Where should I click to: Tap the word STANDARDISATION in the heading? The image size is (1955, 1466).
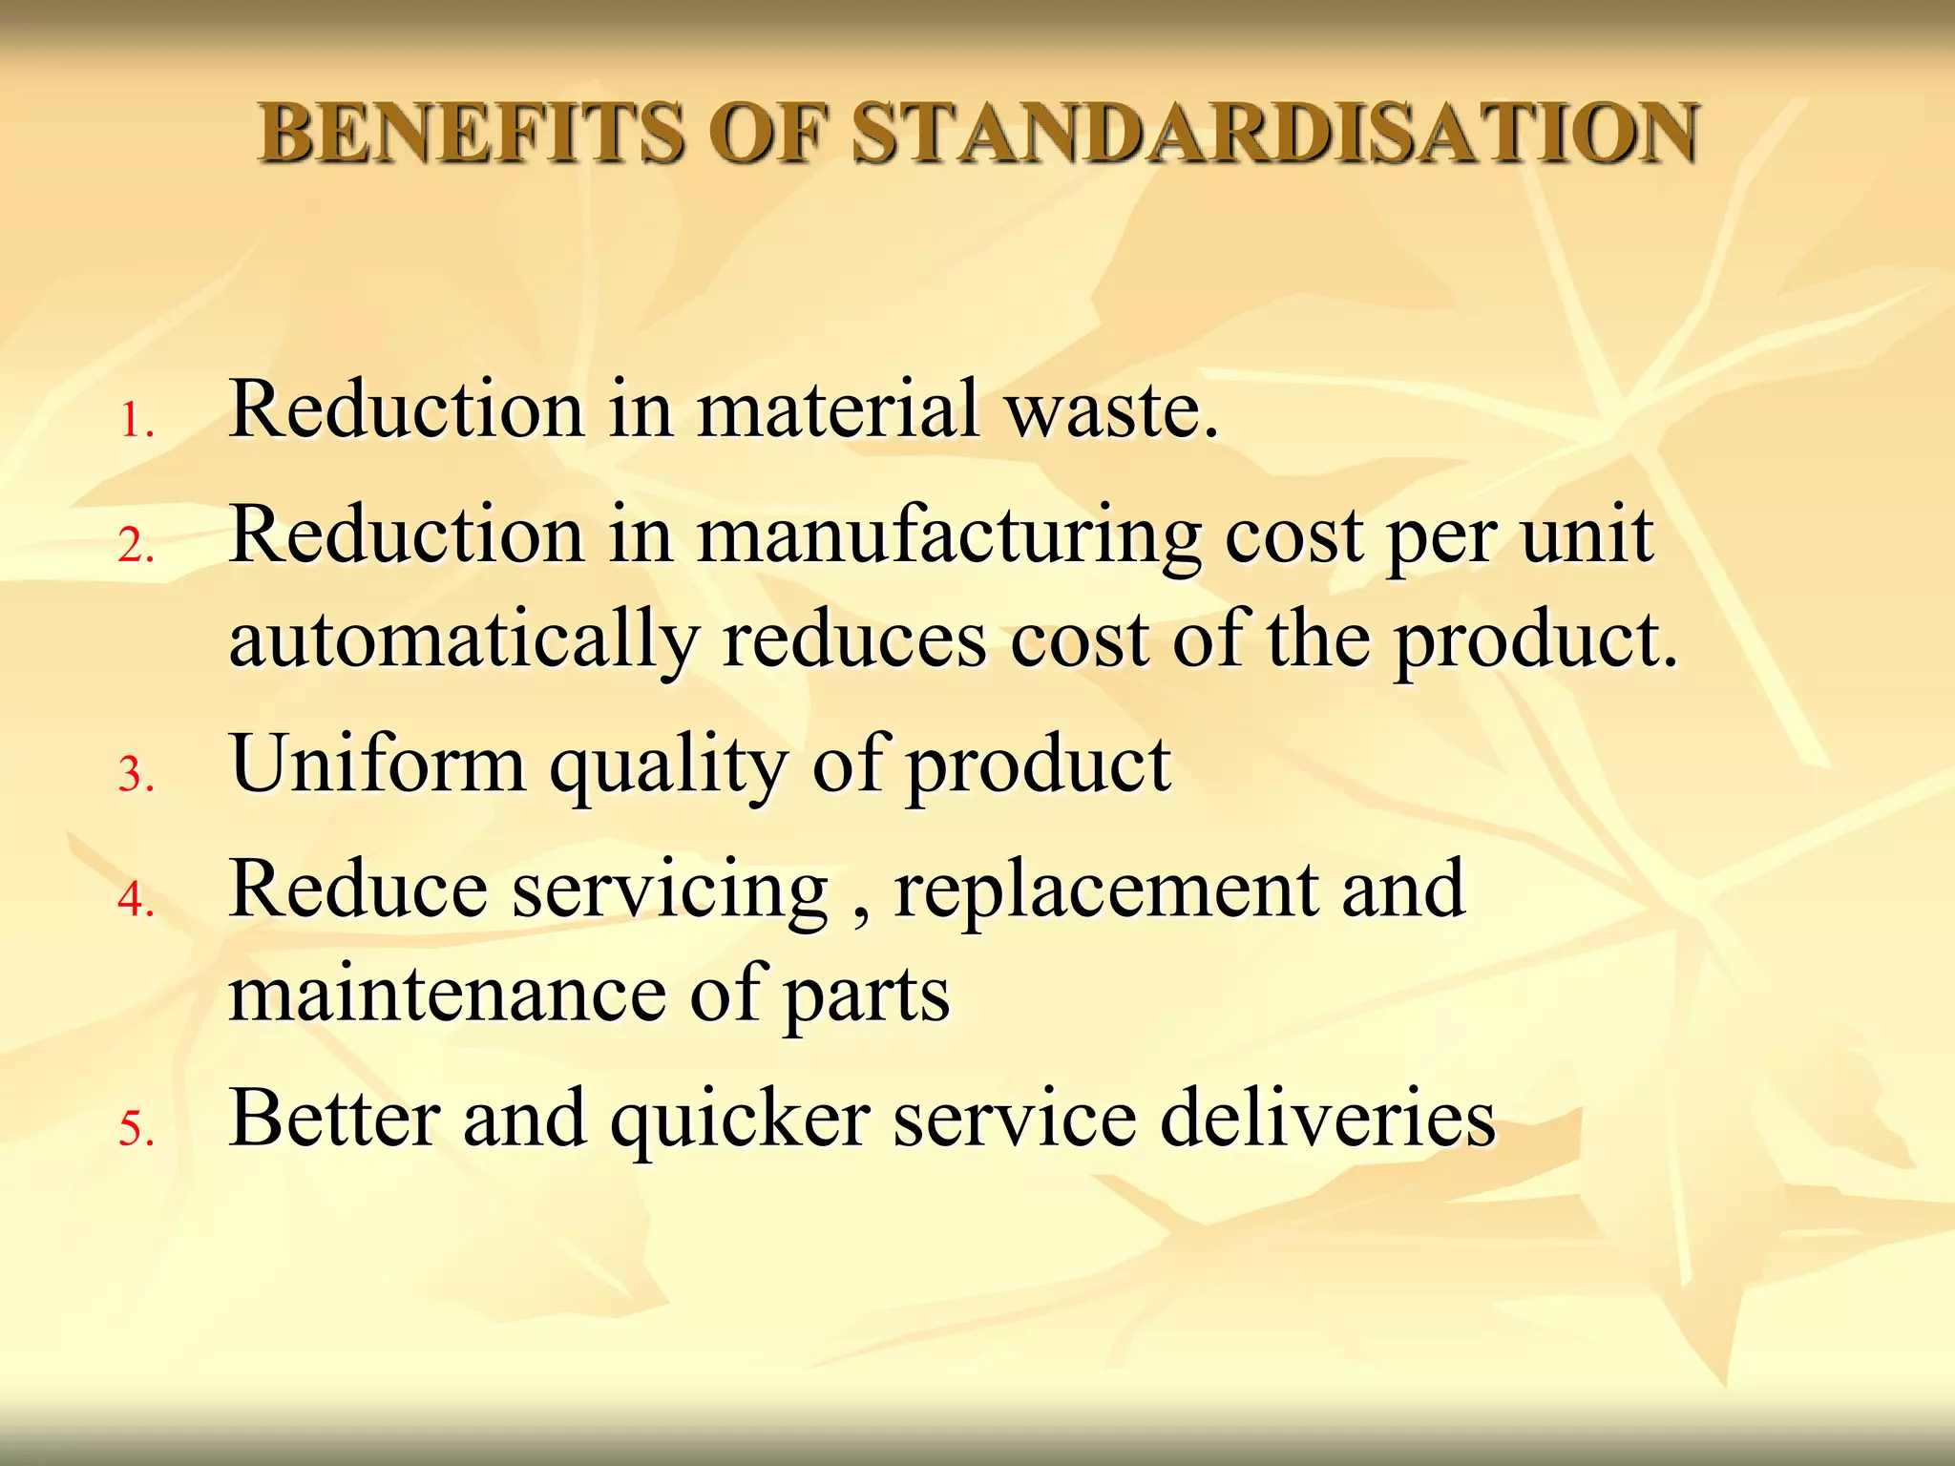point(1274,133)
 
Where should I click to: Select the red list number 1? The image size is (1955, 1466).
point(136,421)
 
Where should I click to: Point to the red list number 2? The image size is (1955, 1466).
point(136,546)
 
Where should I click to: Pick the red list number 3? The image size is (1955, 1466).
point(136,774)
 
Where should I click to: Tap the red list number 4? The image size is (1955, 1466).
point(136,899)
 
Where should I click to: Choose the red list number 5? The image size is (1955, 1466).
point(136,1128)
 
